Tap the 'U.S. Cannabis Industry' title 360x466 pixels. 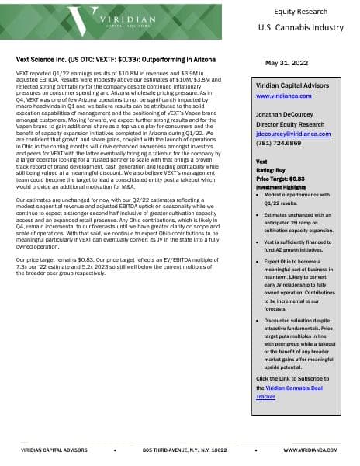[x=300, y=27]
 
